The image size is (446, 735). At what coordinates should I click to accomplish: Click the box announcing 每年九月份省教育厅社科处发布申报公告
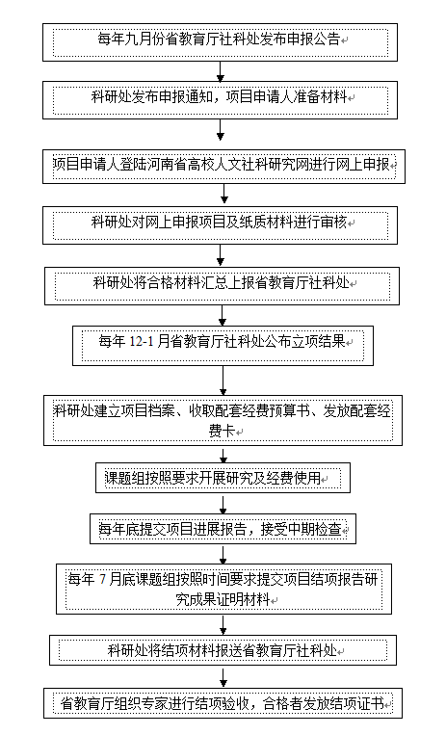pyautogui.click(x=220, y=42)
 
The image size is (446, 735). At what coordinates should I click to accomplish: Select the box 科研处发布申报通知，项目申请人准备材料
pyautogui.click(x=220, y=100)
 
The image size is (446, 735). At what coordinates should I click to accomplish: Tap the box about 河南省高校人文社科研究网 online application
pyautogui.click(x=223, y=167)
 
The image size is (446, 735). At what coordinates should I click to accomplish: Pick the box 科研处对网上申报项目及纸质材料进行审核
pyautogui.click(x=220, y=225)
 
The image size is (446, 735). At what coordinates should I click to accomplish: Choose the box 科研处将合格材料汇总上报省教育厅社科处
pyautogui.click(x=222, y=286)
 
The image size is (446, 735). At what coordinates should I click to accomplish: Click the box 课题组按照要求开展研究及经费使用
pyautogui.click(x=223, y=478)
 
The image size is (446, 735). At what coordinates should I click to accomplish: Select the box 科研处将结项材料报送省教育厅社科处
pyautogui.click(x=223, y=650)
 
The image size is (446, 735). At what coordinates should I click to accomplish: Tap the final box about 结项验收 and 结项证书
pyautogui.click(x=223, y=703)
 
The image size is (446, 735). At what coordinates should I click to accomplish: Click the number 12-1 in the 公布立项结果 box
pyautogui.click(x=142, y=342)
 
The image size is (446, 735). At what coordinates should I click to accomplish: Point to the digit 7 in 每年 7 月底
pyautogui.click(x=103, y=579)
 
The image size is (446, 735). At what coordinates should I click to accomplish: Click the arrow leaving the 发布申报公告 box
pyautogui.click(x=220, y=71)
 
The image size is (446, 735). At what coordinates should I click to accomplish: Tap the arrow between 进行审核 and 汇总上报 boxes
pyautogui.click(x=221, y=255)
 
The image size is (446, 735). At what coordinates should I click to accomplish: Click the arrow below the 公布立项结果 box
pyautogui.click(x=223, y=381)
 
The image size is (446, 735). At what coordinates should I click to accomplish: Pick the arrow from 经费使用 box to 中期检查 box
pyautogui.click(x=223, y=504)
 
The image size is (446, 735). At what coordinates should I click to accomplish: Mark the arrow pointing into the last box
pyautogui.click(x=223, y=676)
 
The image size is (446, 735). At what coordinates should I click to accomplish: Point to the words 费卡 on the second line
pyautogui.click(x=222, y=431)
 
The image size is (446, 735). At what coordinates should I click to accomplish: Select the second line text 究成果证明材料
pyautogui.click(x=223, y=599)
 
